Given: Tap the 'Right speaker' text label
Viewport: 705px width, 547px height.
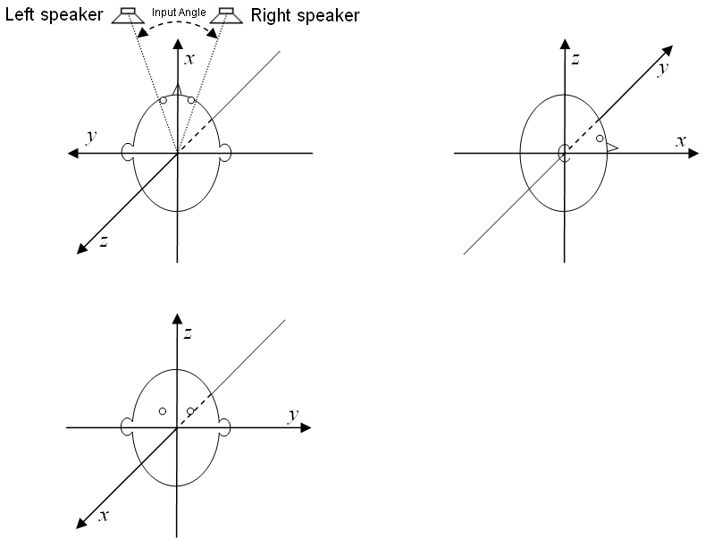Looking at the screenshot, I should [305, 15].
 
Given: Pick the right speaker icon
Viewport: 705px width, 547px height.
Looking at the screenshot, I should [228, 16].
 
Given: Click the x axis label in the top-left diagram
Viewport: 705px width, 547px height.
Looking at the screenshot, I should [189, 59].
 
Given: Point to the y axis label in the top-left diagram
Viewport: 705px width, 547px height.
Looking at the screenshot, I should [90, 137].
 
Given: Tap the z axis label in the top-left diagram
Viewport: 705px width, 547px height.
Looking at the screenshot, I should [104, 240].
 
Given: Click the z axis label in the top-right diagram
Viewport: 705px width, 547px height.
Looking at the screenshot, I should [576, 60].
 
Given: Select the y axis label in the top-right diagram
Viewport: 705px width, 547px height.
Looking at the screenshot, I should [662, 69].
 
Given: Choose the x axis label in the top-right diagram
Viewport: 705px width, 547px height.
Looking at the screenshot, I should [680, 141].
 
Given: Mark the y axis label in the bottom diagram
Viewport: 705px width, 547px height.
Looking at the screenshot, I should [292, 415].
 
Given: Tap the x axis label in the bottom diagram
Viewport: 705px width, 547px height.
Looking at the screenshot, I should [104, 516].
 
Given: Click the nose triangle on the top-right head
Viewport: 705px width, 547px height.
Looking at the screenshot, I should [612, 147].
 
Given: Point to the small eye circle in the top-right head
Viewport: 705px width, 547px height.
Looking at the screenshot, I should [600, 139].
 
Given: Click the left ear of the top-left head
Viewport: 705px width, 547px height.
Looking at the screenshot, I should [128, 153].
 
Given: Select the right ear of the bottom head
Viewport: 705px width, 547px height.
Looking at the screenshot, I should [225, 429].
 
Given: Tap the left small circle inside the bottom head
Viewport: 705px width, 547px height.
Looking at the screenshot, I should [162, 411].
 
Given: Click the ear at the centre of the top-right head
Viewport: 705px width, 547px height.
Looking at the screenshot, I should [563, 154].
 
